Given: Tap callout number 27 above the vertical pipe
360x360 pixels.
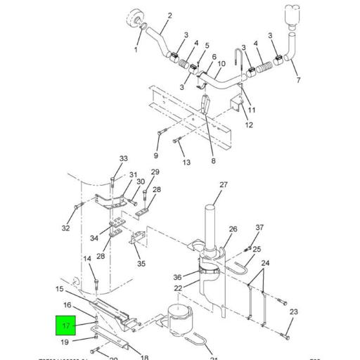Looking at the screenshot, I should pos(224,185).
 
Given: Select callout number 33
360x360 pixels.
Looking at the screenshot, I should pos(124,158).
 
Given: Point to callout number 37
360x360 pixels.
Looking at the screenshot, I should pos(259,228).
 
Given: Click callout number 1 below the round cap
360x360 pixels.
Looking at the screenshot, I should pos(136,50).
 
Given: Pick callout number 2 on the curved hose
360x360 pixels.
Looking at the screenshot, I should pos(169,15).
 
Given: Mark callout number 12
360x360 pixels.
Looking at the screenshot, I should pos(249,125).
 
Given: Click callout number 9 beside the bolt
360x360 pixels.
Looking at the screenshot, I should pos(156,155).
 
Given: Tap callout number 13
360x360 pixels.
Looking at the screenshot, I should pos(186,162).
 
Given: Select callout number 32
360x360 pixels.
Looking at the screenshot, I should pos(65,228).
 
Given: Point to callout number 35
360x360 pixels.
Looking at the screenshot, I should pos(141,264).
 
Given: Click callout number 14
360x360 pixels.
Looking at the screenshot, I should pos(88,259).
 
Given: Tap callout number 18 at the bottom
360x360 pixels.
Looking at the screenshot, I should pos(144,357).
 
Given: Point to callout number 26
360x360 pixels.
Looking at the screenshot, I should pos(233,229).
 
